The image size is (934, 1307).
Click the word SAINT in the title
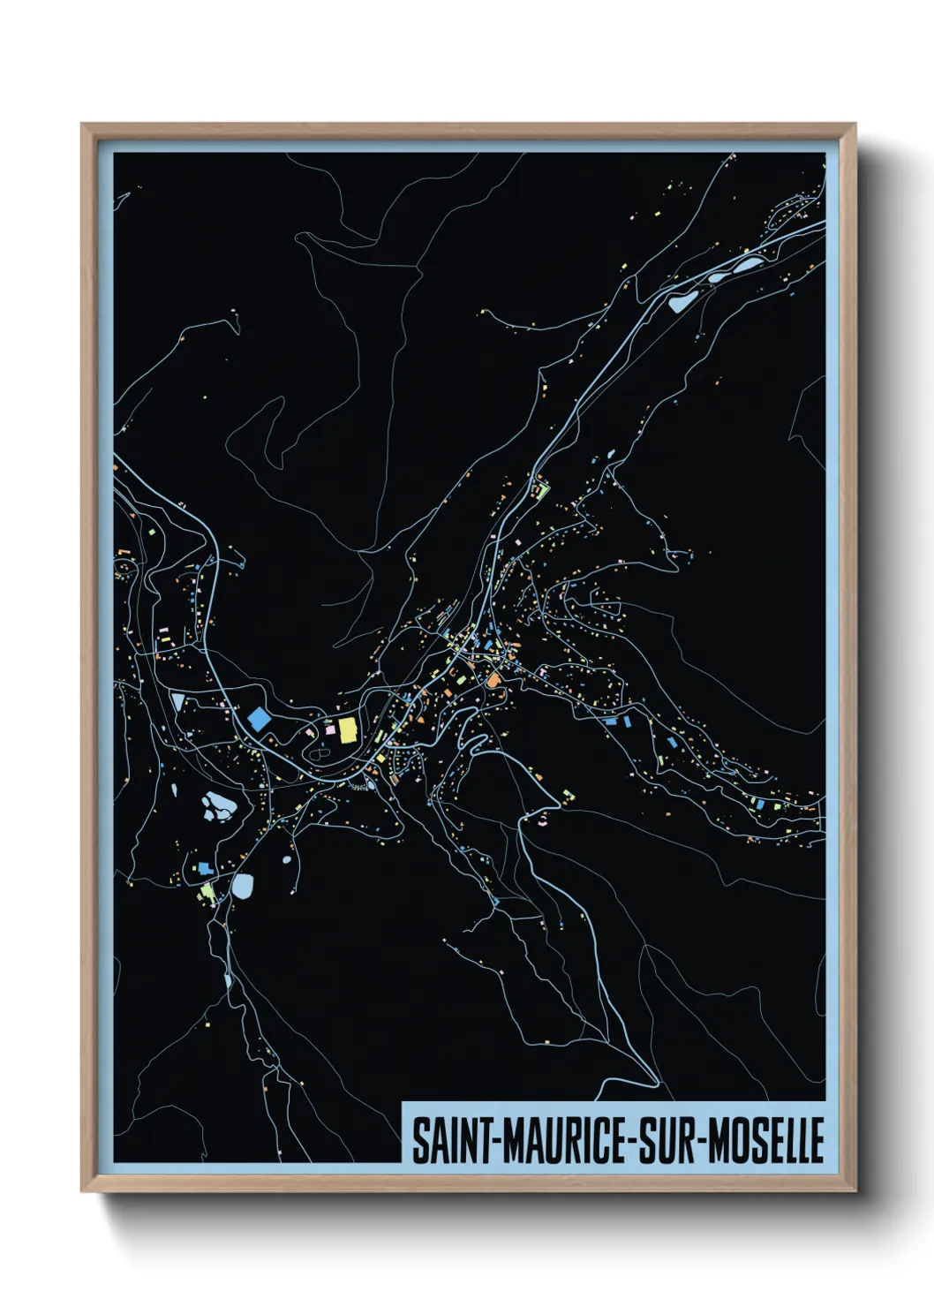click(450, 1141)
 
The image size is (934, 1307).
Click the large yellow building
click(347, 729)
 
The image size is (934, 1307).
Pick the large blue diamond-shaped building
click(259, 718)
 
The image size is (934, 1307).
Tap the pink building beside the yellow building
click(331, 730)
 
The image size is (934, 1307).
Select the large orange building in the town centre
click(493, 680)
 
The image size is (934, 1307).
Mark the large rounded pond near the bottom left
click(242, 886)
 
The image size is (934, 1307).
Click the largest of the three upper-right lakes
click(682, 302)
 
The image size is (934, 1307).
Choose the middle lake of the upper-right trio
click(717, 277)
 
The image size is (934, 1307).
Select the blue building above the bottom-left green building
click(205, 868)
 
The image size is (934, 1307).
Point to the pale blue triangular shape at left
click(179, 702)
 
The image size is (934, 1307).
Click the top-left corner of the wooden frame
click(83, 125)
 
